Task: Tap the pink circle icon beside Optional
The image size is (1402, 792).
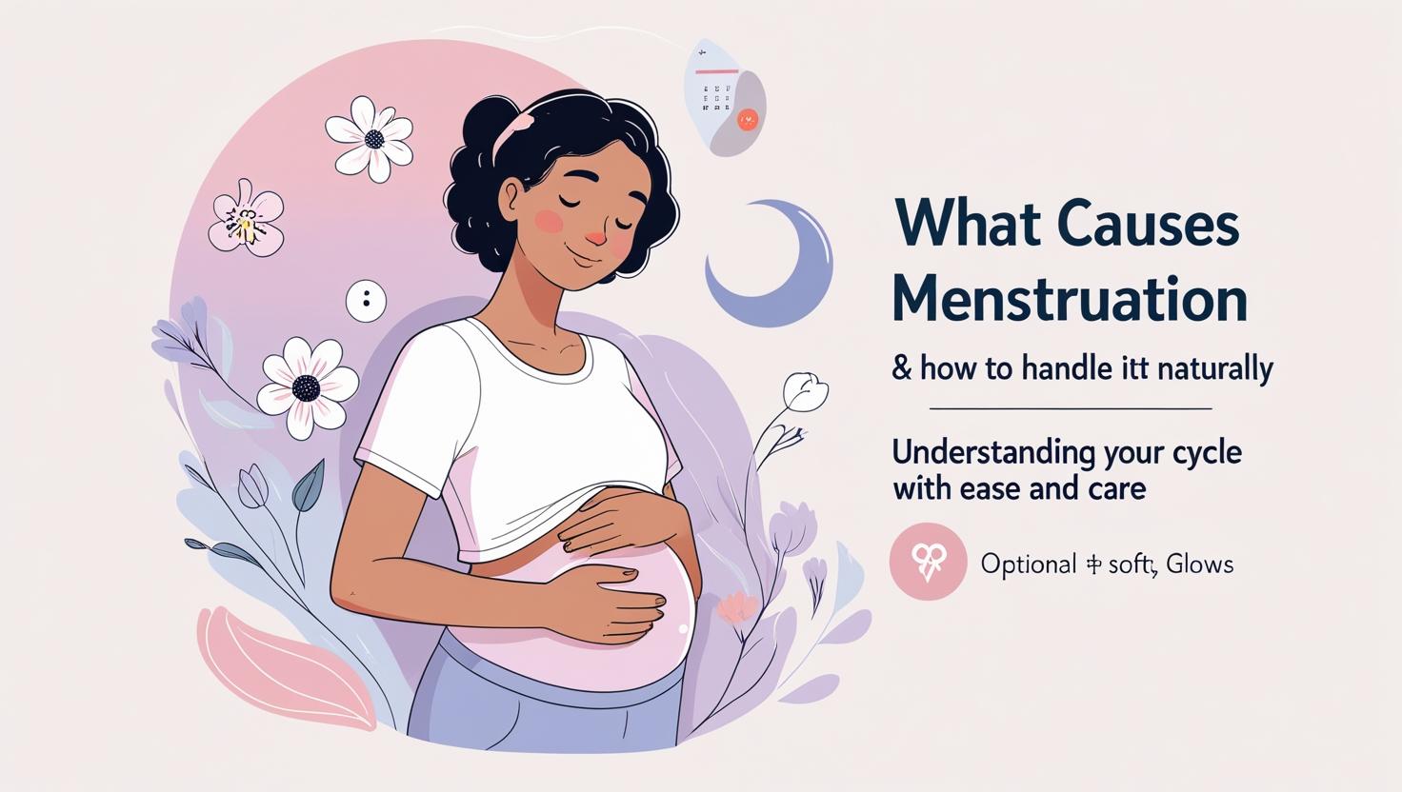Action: click(928, 562)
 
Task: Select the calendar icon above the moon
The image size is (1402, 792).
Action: click(726, 95)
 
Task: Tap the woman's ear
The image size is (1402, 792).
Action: click(512, 197)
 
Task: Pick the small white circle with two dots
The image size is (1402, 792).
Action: click(366, 301)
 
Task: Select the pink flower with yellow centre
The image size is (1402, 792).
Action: click(247, 218)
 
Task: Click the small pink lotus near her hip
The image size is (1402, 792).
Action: click(737, 606)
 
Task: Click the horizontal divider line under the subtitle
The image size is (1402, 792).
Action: click(1070, 408)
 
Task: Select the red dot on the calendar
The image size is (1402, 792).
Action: click(748, 119)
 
